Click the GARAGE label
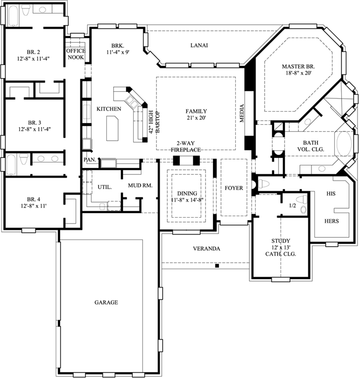pos(107,302)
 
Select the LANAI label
pos(199,45)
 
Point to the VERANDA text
pos(207,248)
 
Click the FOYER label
pos(233,188)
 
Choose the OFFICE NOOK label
pos(75,54)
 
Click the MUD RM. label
pos(140,185)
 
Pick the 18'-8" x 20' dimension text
pos(298,74)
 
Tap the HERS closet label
pos(332,220)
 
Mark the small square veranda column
pos(217,266)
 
